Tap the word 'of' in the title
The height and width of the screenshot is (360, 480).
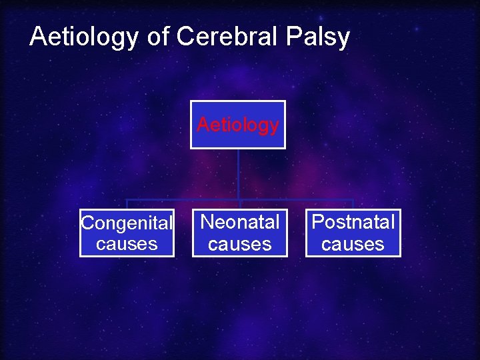pos(158,37)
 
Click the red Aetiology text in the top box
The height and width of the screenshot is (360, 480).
pos(238,125)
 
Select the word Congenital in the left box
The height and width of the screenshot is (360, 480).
pos(127,223)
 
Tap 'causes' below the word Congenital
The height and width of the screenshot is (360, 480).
pos(127,243)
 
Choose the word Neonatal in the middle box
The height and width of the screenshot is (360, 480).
pos(240,222)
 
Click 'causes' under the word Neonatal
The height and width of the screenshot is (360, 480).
pos(240,244)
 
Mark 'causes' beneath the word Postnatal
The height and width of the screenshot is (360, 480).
pos(353,244)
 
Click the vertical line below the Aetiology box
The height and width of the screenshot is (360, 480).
pos(239,173)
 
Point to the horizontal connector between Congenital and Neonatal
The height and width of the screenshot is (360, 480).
pos(183,199)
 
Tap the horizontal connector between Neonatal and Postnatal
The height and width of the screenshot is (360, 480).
pos(297,199)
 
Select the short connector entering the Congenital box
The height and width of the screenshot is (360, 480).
pos(127,205)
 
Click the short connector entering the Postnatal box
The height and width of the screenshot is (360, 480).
pos(353,205)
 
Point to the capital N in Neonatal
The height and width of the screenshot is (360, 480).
pos(207,222)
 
